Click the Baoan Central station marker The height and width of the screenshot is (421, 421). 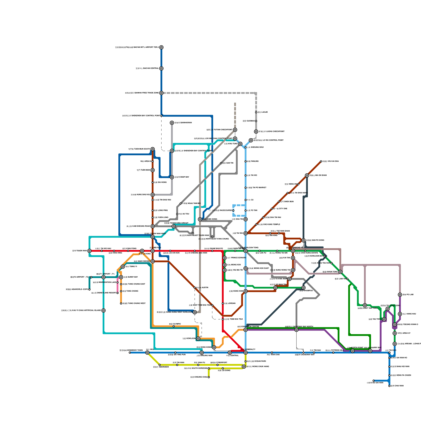161,68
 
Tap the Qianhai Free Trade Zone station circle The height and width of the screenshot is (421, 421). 161,93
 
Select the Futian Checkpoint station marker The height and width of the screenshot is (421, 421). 235,130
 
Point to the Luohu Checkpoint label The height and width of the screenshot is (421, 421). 271,132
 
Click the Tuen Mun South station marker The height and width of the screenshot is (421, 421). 153,149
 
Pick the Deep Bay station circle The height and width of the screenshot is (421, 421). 172,177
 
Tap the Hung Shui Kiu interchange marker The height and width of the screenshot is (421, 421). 153,195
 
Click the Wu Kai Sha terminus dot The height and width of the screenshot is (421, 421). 321,161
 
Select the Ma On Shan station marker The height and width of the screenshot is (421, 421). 307,176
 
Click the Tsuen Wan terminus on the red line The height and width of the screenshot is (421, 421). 89,251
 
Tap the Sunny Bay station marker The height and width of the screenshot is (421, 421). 121,277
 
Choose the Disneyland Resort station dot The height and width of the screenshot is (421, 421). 118,293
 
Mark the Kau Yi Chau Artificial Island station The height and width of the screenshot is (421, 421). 103,310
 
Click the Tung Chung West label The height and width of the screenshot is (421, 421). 134,303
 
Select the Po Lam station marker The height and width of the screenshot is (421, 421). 400,295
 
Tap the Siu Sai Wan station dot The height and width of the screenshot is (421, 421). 374,380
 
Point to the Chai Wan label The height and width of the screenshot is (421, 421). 397,386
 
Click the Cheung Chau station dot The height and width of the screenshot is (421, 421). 209,377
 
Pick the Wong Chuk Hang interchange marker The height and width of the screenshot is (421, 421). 244,367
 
